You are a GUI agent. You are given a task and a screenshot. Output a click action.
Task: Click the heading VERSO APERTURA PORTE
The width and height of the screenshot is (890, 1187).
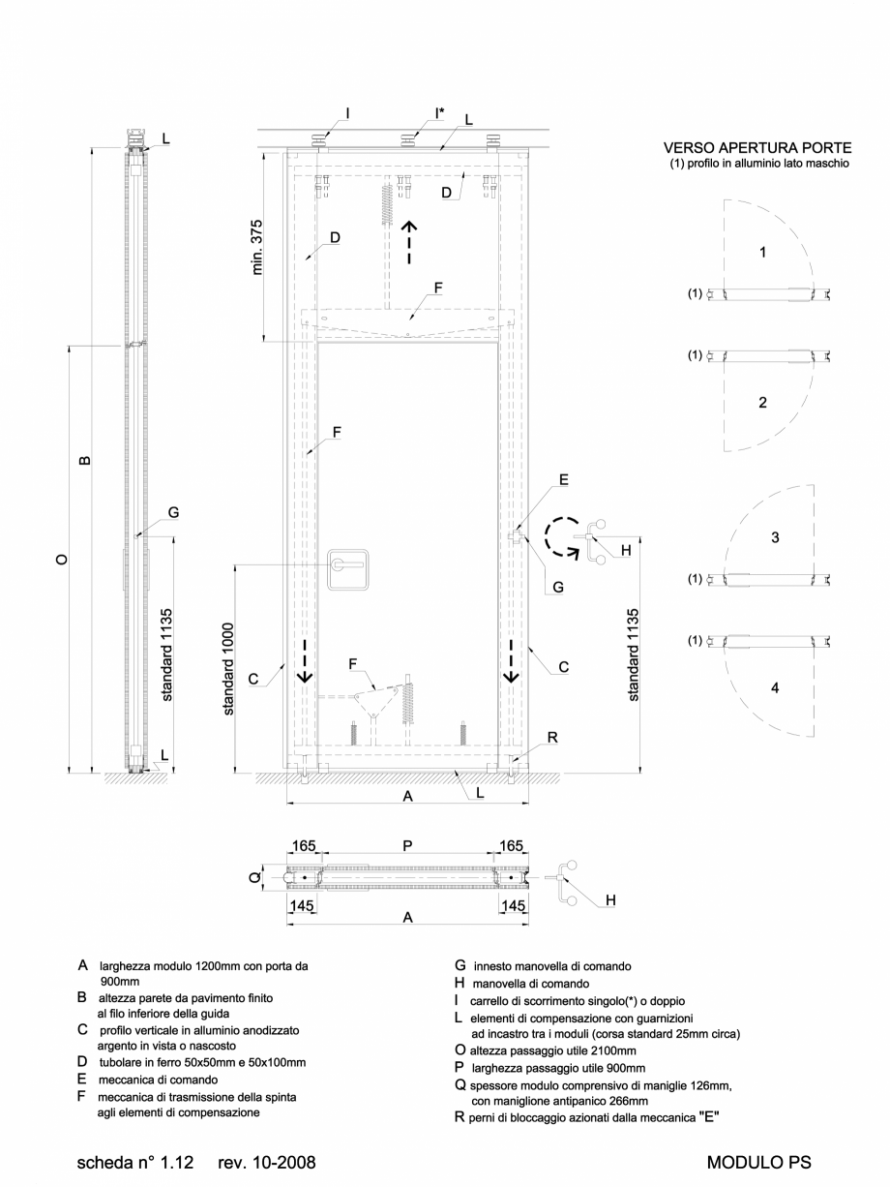pos(756,148)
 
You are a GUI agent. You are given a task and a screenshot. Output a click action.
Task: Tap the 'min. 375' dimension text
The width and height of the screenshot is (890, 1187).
pos(258,247)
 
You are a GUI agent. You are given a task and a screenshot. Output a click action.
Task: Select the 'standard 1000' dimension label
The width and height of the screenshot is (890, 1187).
pos(229,668)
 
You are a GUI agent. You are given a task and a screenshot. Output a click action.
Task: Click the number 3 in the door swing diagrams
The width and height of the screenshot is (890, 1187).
pos(775,537)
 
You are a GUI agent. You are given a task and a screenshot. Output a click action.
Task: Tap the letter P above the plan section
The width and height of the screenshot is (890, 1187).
pos(407,845)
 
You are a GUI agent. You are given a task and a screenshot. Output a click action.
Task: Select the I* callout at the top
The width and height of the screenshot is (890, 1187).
pos(439,112)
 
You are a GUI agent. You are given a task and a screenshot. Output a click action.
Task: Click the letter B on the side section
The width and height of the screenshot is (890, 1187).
pos(84,460)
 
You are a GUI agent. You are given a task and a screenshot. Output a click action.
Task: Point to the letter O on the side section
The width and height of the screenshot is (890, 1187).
pos(61,560)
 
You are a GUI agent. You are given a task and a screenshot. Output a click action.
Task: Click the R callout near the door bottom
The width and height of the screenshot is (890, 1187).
pos(551,738)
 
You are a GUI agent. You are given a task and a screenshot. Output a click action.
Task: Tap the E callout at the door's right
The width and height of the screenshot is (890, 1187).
pos(563,479)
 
